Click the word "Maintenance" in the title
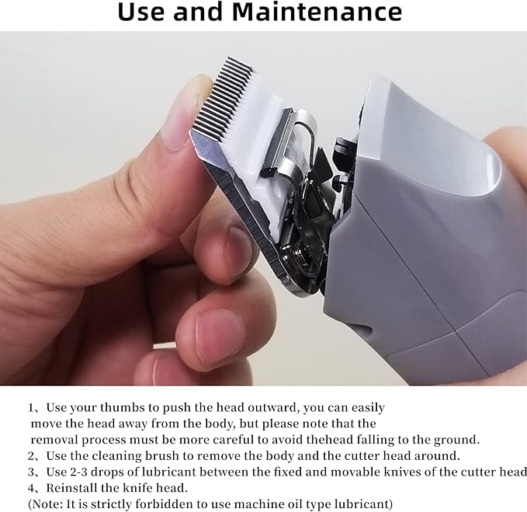tap(328, 12)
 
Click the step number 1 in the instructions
tap(32, 408)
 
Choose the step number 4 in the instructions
tap(32, 488)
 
